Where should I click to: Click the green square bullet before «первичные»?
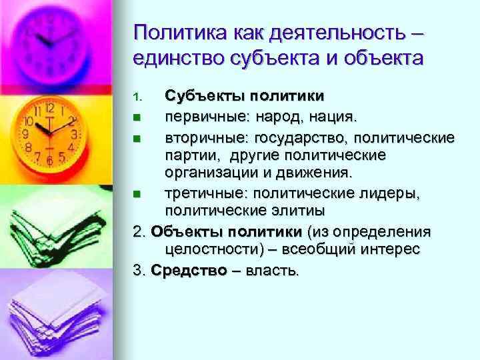coord(137,119)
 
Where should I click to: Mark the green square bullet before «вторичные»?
coord(137,139)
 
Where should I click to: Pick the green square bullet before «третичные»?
coord(137,194)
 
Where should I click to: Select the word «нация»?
coord(335,118)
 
